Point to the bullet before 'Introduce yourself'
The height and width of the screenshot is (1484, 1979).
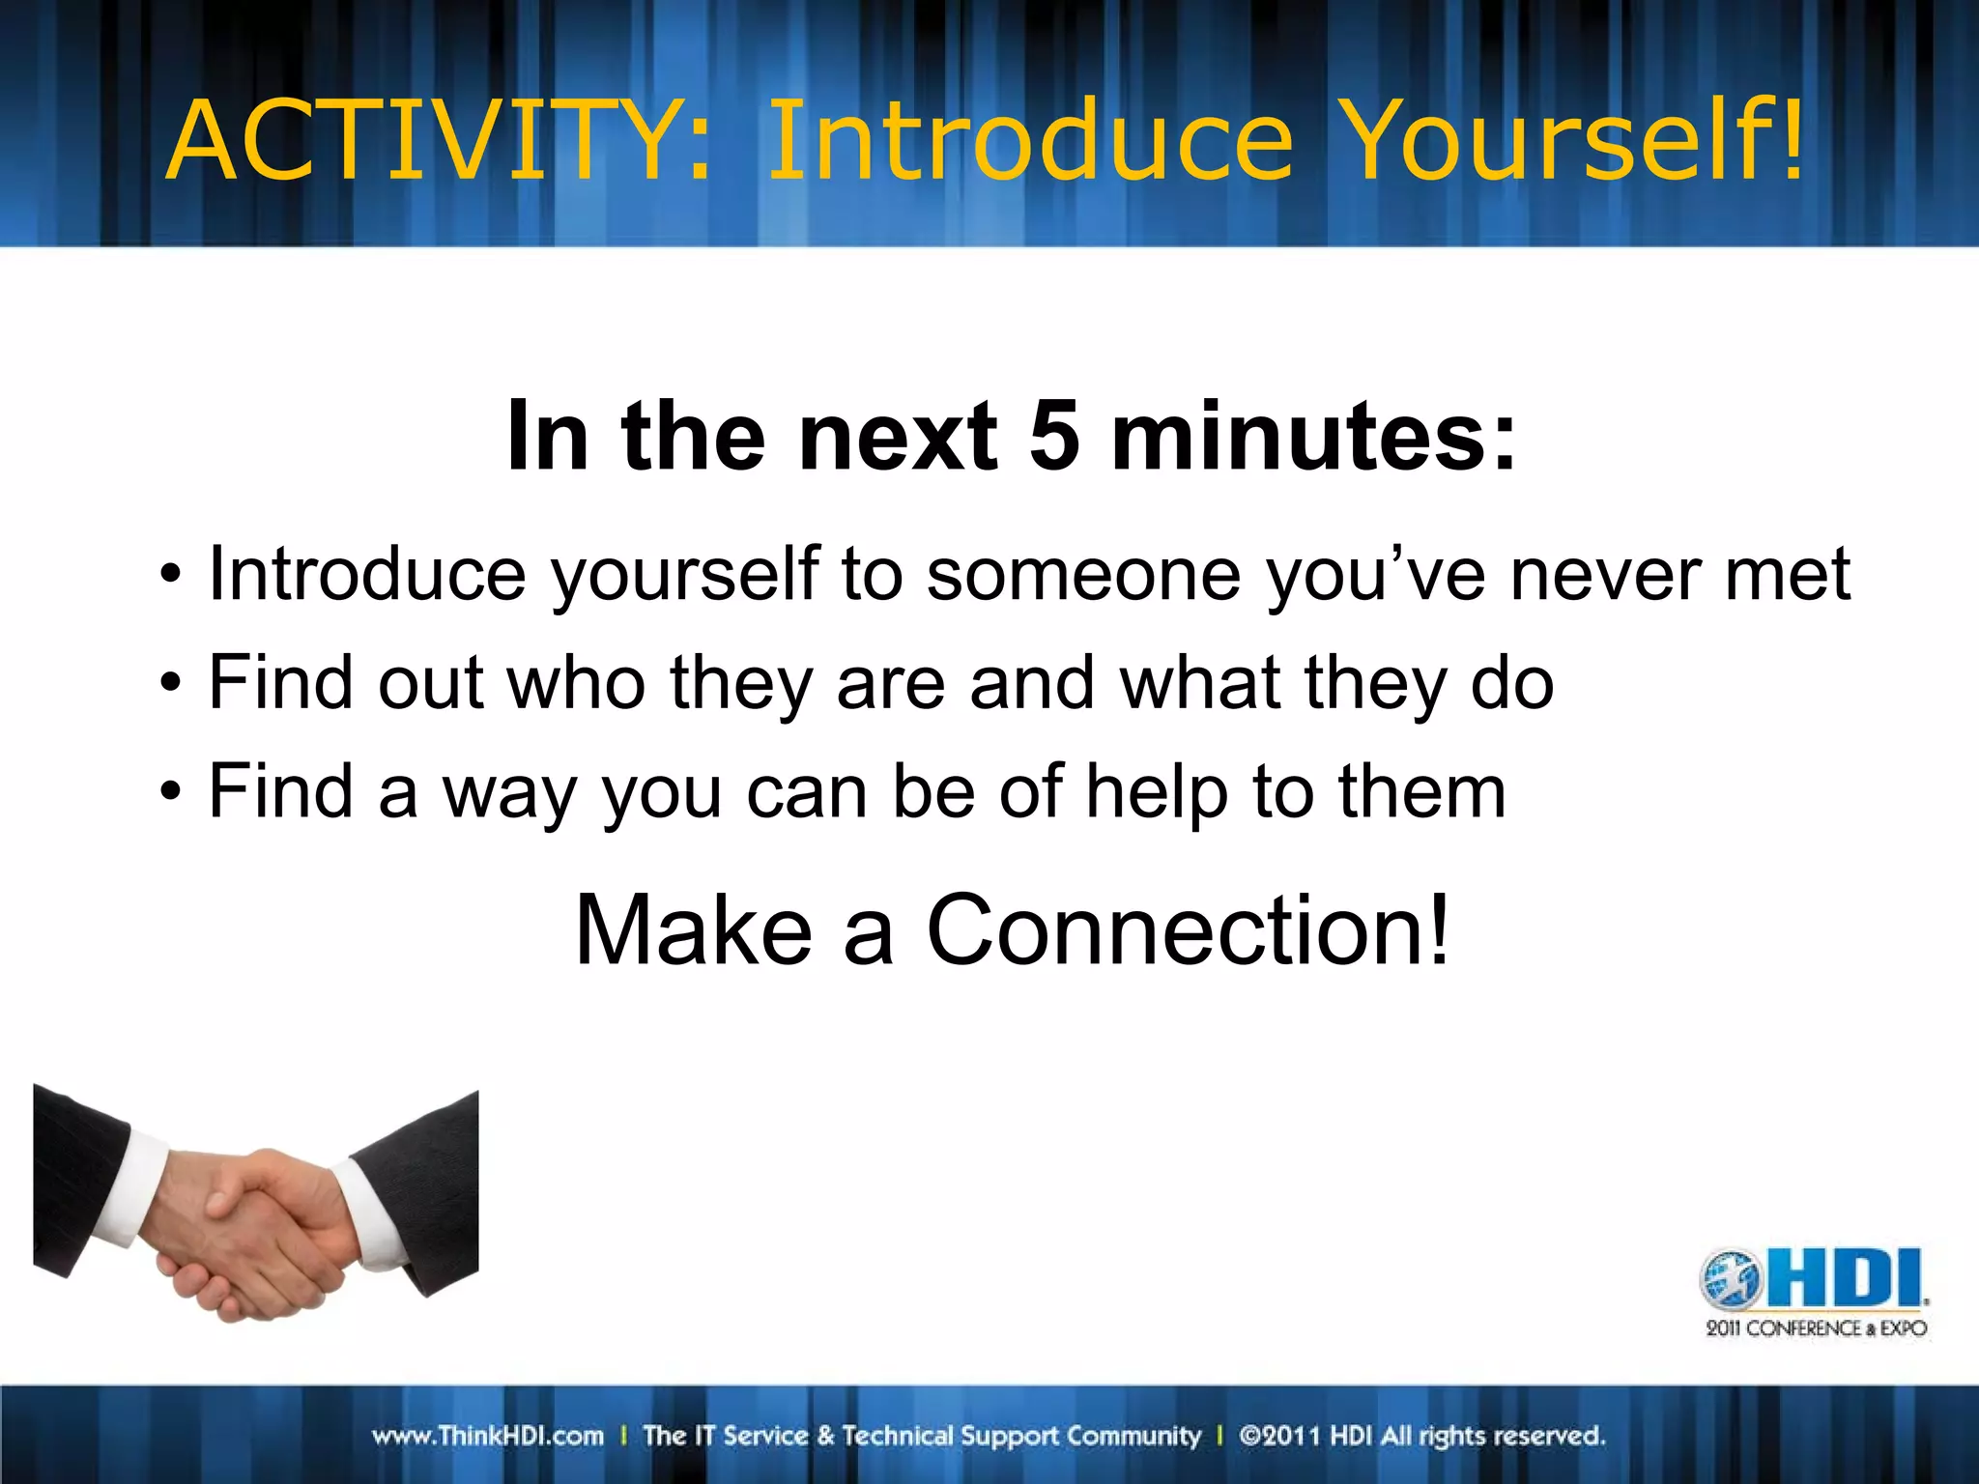171,576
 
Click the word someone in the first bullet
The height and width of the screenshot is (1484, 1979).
1082,576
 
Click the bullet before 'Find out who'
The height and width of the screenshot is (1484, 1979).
171,684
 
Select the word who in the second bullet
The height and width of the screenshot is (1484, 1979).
576,684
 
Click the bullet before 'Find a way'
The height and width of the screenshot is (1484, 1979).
171,792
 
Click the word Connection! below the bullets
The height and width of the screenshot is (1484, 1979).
1189,930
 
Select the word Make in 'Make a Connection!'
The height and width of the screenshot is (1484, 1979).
693,930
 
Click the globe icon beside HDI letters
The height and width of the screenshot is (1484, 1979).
1732,1280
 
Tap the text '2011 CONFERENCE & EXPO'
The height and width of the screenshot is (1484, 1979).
1816,1328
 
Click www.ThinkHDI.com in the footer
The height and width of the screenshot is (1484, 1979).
488,1436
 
